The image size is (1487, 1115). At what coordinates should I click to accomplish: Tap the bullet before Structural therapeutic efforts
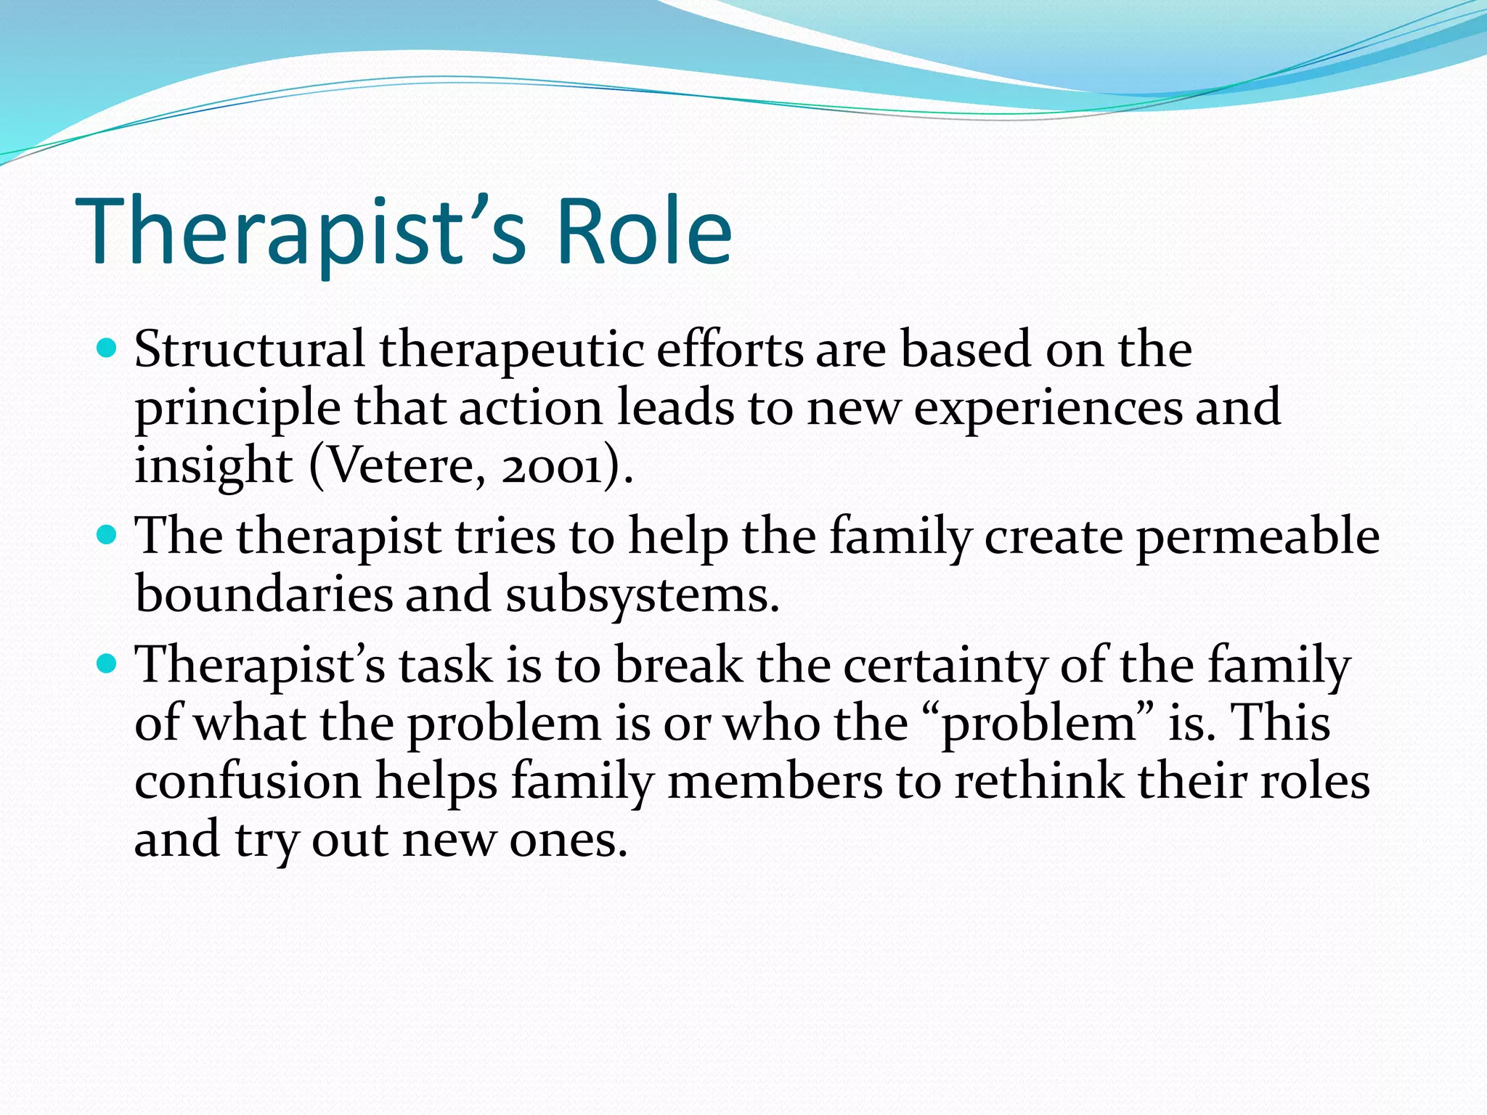tap(107, 349)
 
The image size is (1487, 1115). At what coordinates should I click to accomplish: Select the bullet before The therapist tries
tap(107, 536)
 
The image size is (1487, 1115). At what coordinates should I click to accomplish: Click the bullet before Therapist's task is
tap(107, 664)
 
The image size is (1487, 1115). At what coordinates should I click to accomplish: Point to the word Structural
tap(250, 350)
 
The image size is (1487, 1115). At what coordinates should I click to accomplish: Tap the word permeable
tap(1258, 537)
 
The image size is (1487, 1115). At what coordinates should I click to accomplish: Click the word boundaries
tap(263, 594)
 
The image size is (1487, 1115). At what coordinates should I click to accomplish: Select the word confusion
tap(248, 782)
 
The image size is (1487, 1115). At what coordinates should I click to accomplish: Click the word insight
tap(213, 466)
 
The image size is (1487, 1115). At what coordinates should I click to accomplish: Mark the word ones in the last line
tap(567, 841)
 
